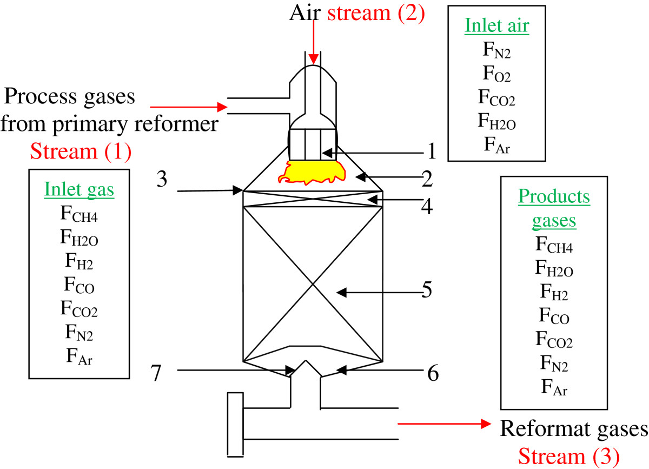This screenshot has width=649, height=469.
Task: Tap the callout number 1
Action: click(431, 152)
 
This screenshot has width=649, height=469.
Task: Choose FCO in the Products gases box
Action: click(554, 316)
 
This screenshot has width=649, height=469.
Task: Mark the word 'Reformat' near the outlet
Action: click(541, 429)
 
